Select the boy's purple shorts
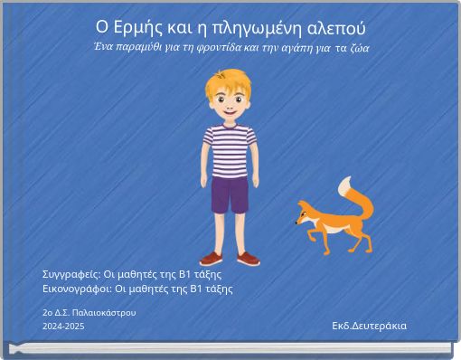(x=229, y=194)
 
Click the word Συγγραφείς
(x=71, y=273)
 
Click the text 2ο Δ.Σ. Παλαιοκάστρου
(x=89, y=312)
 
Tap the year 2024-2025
(x=63, y=326)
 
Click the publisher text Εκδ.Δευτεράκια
(x=369, y=326)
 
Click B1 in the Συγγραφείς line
(x=184, y=273)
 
